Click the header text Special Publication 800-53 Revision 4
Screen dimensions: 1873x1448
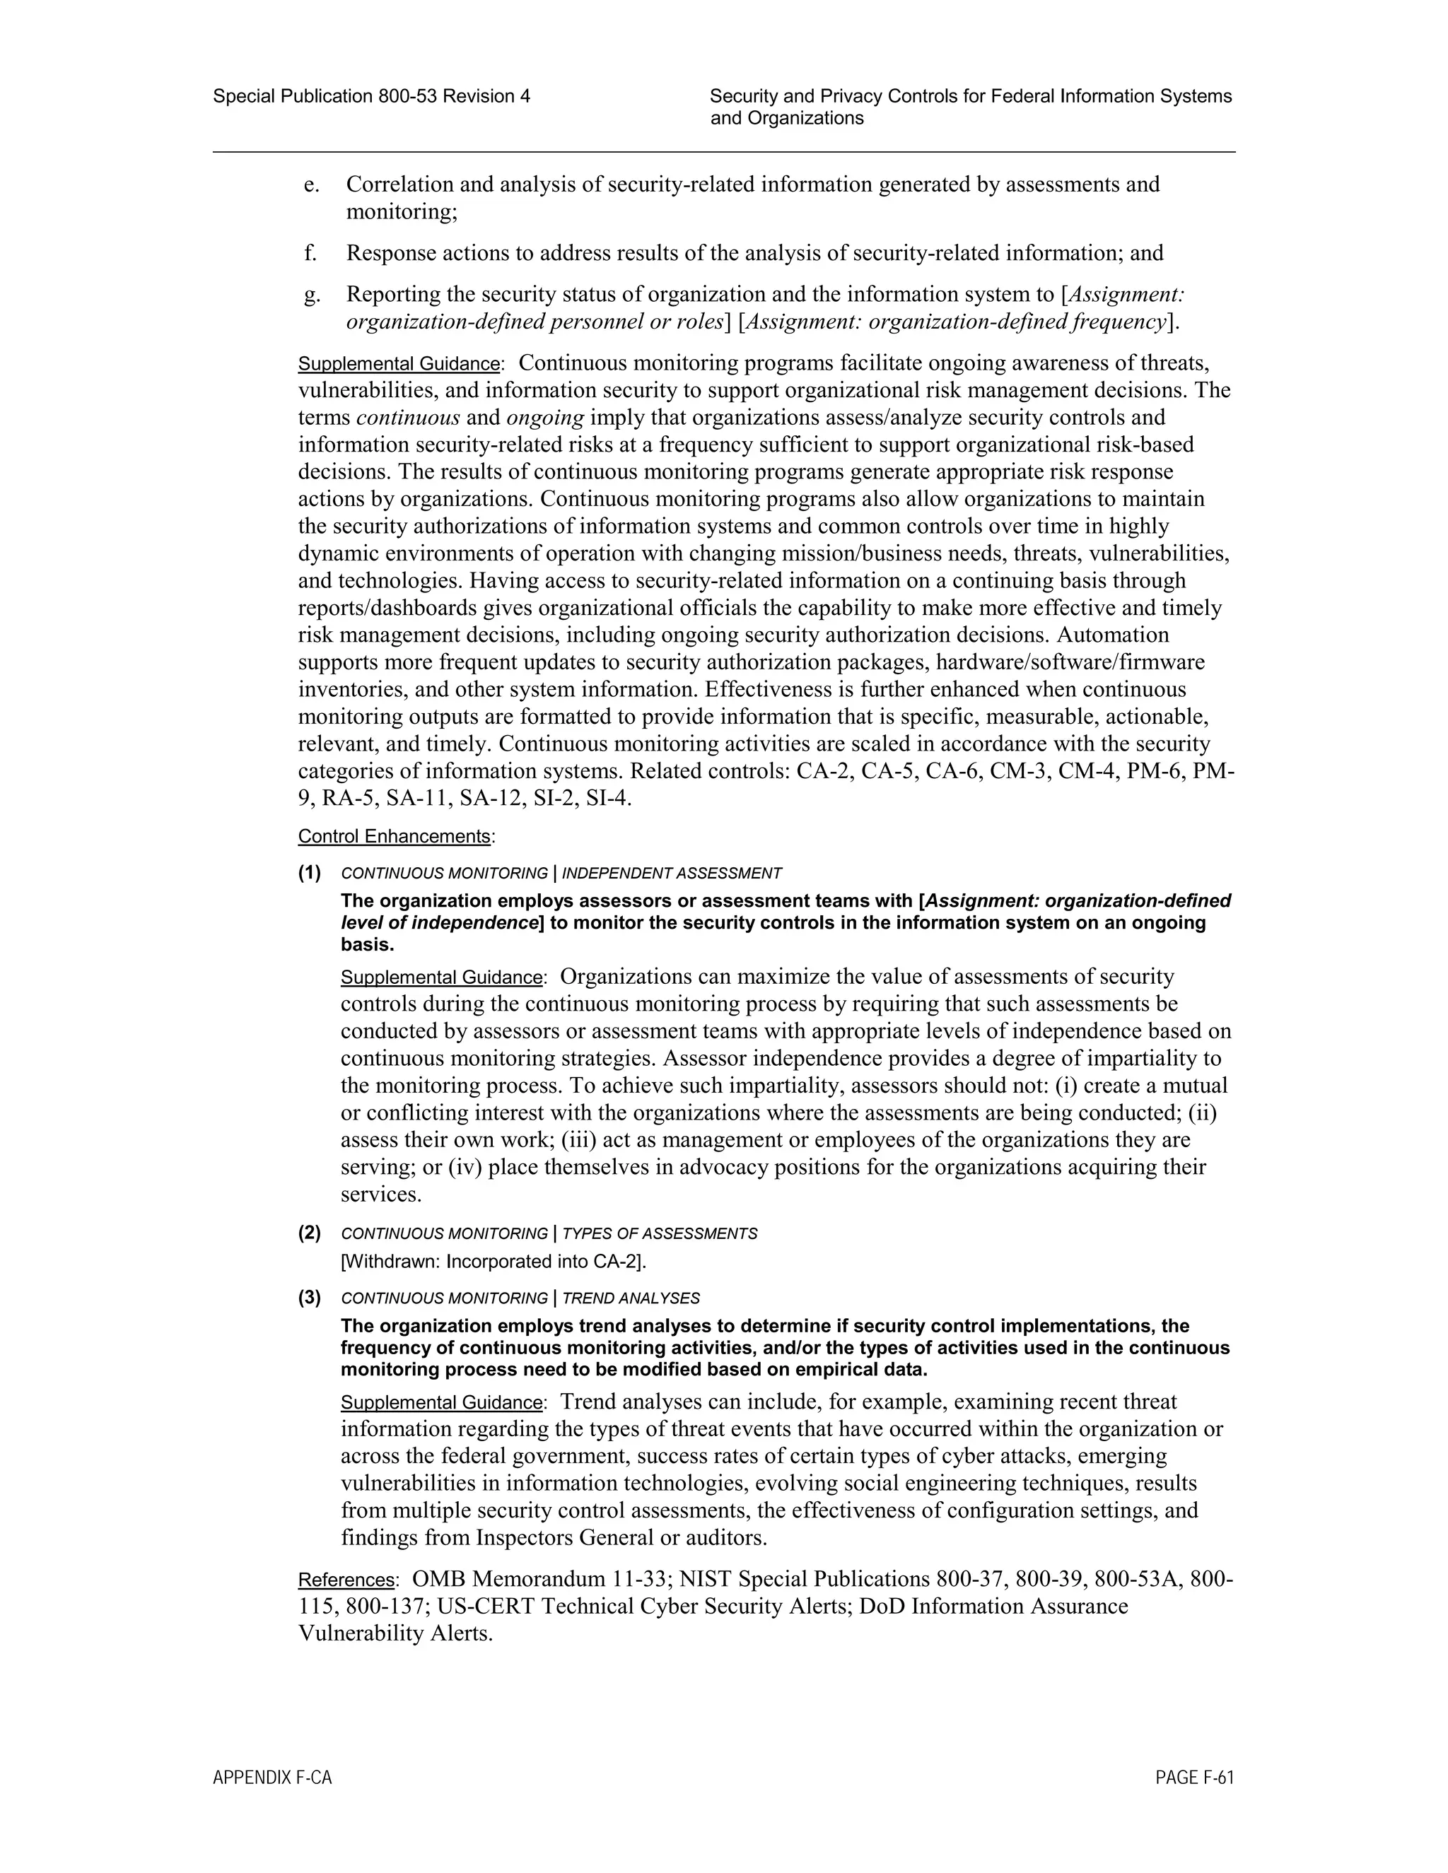point(371,97)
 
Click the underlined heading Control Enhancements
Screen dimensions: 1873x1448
point(395,836)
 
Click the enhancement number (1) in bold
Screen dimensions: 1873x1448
point(310,873)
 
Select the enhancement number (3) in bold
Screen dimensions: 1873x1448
point(310,1298)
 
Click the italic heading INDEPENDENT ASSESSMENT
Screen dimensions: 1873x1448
point(672,874)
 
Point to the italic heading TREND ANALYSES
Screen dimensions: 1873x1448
point(631,1298)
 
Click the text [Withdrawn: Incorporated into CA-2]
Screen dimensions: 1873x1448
point(494,1262)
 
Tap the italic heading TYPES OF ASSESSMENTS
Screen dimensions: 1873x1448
point(660,1234)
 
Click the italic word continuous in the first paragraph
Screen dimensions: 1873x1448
point(407,418)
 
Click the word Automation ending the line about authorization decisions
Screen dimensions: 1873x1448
point(1114,635)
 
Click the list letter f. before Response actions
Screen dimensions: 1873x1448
point(310,254)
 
